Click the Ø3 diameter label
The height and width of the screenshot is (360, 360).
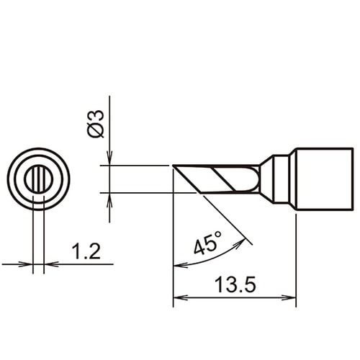pos(96,124)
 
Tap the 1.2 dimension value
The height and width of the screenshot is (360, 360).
pos(86,251)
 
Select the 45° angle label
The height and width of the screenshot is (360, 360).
pos(208,243)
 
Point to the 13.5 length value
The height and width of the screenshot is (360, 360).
pos(235,284)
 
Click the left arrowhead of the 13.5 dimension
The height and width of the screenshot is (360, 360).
pos(180,297)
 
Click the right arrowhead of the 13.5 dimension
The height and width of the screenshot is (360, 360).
pos(289,297)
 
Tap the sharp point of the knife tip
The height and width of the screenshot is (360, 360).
pos(173,166)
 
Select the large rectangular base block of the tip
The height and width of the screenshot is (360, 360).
pos(325,179)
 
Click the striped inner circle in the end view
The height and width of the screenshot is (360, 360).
pos(38,179)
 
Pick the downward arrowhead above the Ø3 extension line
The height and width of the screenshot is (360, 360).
pos(109,158)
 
